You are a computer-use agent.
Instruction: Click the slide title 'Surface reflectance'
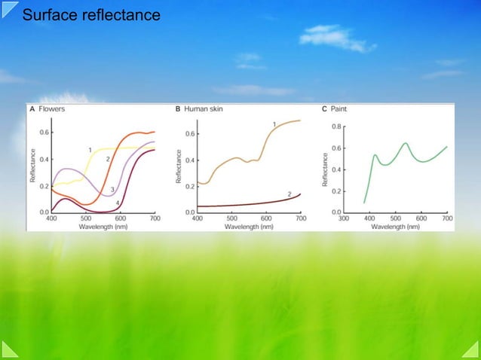(91, 14)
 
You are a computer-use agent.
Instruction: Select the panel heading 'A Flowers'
(47, 109)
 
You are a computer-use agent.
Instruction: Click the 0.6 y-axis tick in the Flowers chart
(44, 133)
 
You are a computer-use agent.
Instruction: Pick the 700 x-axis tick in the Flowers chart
(154, 218)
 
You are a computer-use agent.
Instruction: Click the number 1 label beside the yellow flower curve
(90, 150)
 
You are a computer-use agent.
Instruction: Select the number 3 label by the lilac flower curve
(112, 190)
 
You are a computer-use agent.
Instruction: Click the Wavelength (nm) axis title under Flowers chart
(103, 225)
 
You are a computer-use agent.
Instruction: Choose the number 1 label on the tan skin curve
(274, 124)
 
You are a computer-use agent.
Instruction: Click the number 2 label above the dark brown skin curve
(290, 194)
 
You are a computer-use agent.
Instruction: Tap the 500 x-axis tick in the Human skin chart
(231, 218)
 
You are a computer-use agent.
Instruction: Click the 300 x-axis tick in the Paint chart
(344, 218)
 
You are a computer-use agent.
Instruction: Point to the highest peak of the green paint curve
(405, 142)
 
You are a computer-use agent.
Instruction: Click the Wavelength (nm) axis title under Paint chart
(396, 225)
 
